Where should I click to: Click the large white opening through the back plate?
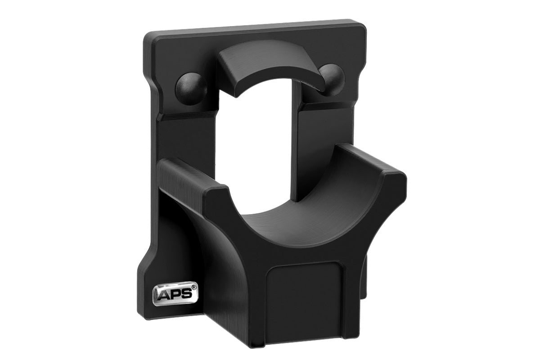coord(256,148)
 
